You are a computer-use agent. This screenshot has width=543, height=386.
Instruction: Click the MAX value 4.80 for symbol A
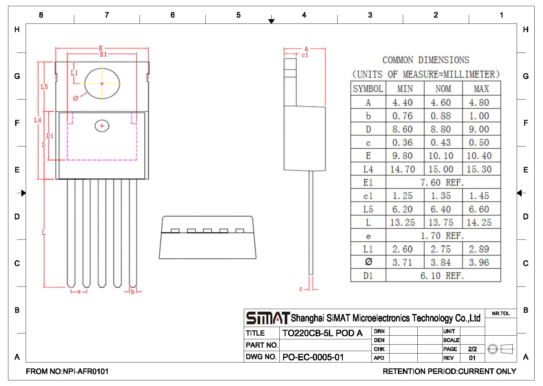[479, 102]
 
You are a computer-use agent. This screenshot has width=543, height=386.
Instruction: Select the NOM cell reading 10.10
[441, 156]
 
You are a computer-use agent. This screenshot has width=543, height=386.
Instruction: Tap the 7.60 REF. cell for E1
[442, 182]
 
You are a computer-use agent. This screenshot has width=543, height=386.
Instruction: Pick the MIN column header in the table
[405, 89]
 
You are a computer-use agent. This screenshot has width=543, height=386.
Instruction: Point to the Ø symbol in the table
[368, 262]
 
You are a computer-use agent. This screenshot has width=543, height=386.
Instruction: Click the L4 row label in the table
[368, 169]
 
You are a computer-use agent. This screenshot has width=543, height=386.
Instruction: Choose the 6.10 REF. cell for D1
[442, 276]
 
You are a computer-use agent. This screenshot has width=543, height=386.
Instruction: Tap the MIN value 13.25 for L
[403, 223]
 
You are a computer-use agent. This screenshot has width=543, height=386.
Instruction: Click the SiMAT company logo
[268, 318]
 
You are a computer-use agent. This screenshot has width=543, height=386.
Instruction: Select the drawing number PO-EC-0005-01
[313, 357]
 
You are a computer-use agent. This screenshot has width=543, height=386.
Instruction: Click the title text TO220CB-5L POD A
[322, 333]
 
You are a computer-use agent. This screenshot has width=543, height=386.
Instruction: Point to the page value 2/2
[472, 349]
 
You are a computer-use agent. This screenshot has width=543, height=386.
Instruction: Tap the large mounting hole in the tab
[102, 83]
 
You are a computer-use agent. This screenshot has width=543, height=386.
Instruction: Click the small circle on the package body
[102, 126]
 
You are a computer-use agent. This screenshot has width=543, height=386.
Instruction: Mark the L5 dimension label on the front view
[45, 87]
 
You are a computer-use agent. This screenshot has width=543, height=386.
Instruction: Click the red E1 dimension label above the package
[103, 54]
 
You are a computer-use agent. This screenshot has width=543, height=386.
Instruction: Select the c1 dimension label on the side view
[305, 55]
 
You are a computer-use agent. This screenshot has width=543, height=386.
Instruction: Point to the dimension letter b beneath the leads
[133, 291]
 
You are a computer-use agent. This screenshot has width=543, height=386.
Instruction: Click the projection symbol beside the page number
[501, 349]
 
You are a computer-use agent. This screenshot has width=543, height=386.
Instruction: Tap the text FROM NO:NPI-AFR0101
[67, 371]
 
